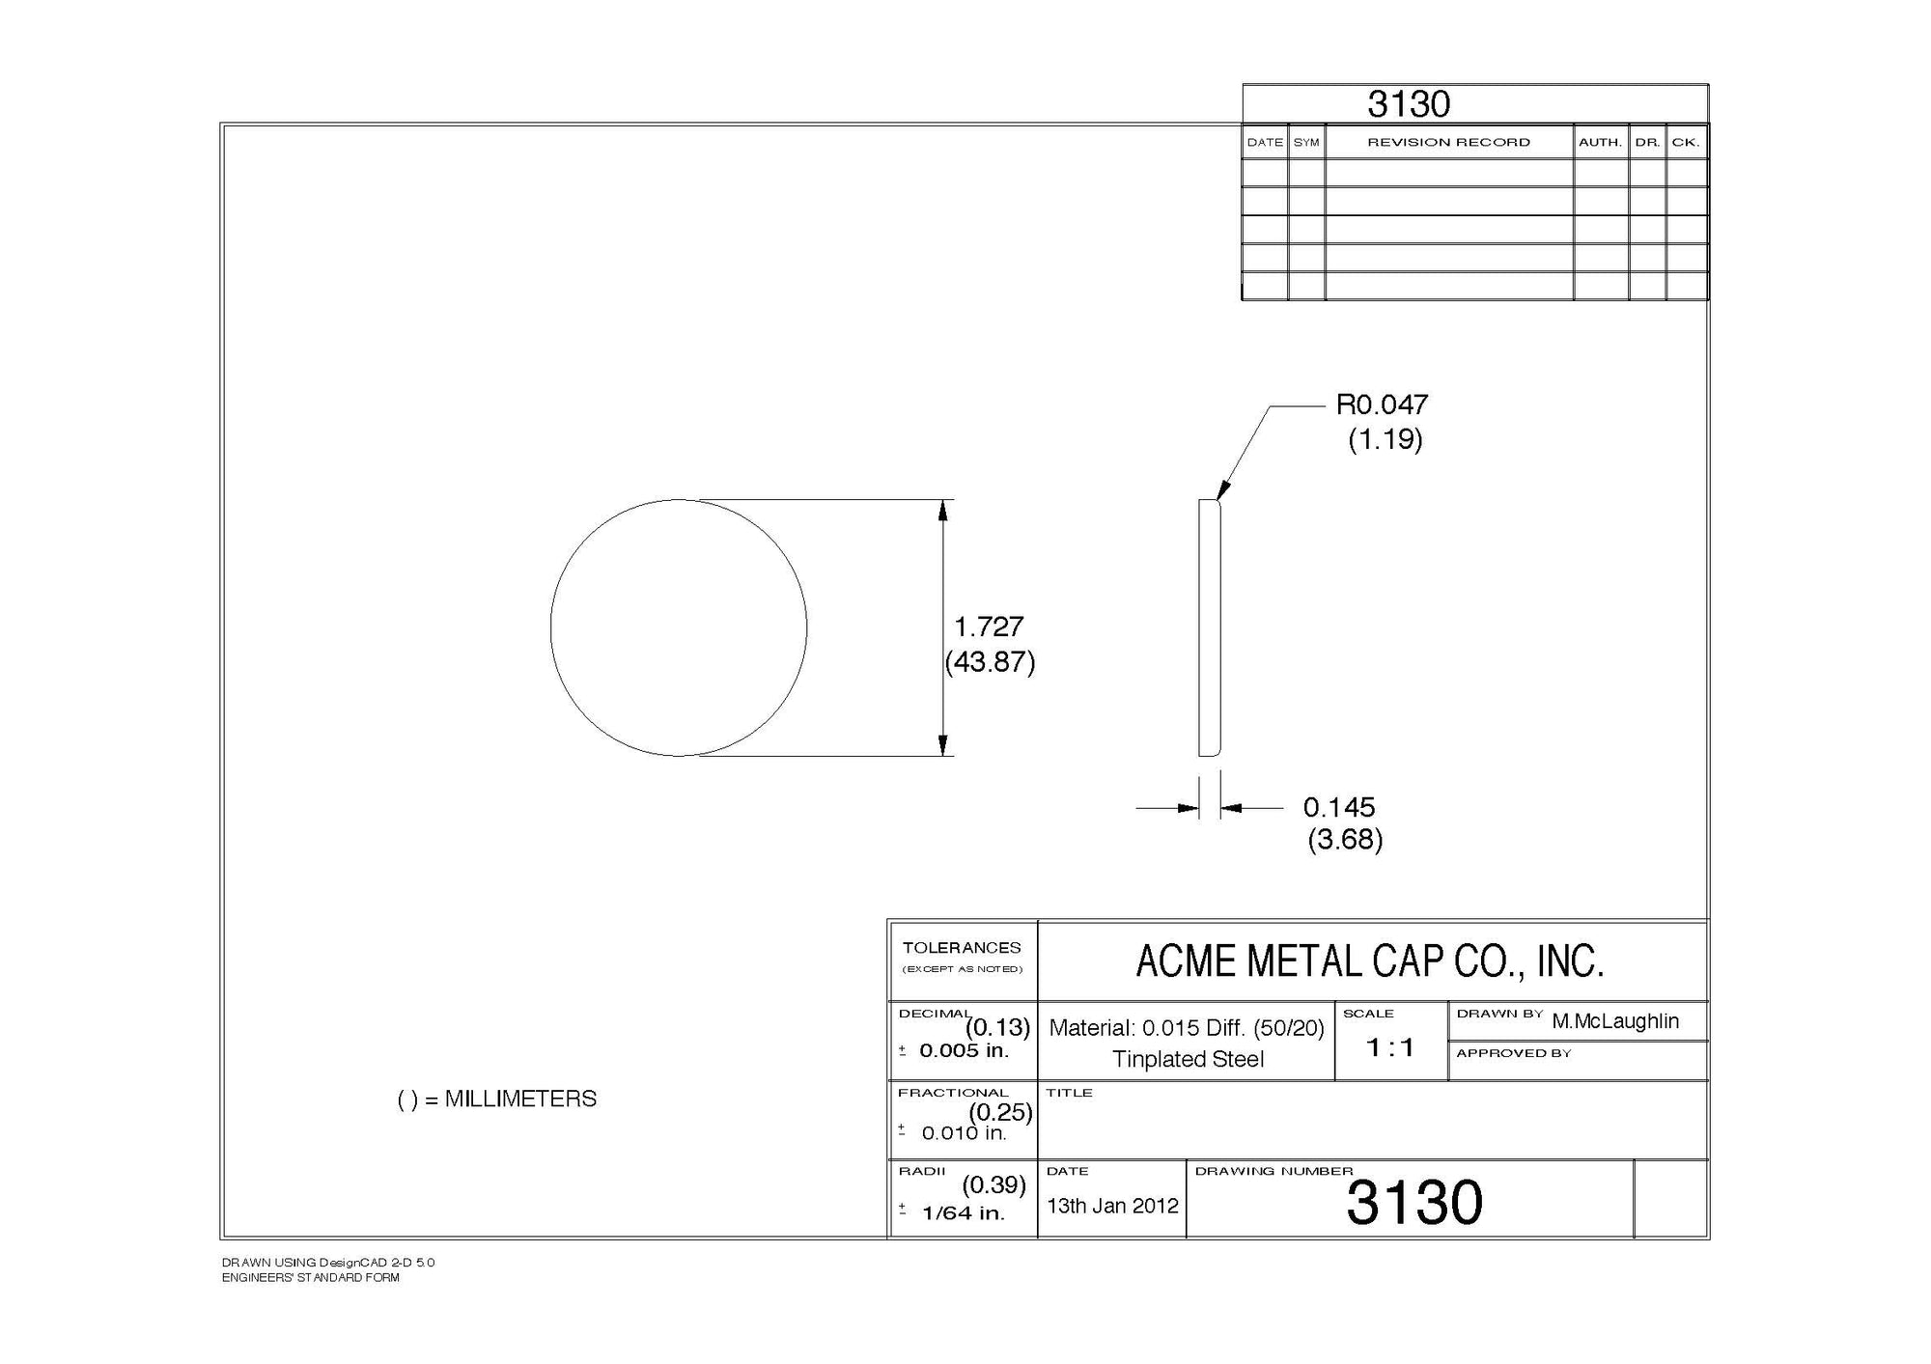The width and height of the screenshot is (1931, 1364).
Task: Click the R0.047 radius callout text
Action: coord(1382,404)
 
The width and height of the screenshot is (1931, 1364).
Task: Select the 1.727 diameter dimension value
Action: coord(989,626)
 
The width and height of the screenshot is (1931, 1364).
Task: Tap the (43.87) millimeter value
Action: coord(990,662)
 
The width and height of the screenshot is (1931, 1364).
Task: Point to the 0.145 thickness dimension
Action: coord(1339,807)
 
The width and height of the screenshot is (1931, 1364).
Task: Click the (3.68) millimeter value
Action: coord(1345,840)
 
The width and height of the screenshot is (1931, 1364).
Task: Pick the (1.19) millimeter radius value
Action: coord(1385,440)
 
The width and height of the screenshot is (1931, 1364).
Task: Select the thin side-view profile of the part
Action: coord(1210,627)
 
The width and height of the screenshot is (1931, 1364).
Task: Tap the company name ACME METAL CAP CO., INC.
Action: coord(1370,961)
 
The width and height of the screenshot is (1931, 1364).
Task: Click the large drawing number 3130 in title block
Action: coord(1414,1203)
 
